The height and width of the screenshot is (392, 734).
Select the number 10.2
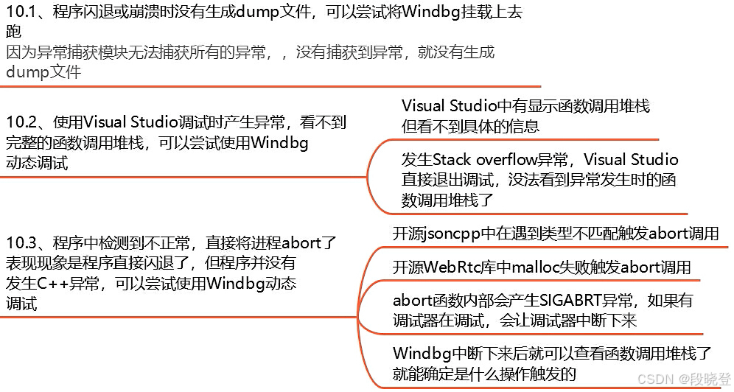point(21,123)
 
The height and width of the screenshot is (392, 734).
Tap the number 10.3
point(21,242)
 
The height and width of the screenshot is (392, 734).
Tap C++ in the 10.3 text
point(52,283)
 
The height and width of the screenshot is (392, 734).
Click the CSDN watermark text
point(652,379)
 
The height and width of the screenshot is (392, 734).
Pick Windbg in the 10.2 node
point(279,143)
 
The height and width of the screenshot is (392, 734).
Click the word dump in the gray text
point(24,72)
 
